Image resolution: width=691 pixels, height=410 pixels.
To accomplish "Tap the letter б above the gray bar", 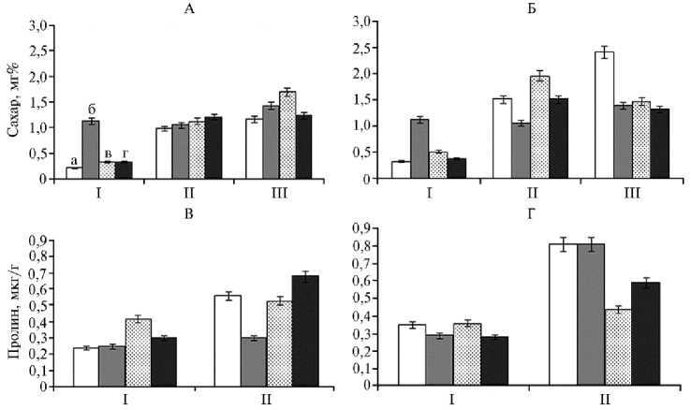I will (90, 109).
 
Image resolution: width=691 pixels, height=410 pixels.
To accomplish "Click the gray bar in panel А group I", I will (91, 151).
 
